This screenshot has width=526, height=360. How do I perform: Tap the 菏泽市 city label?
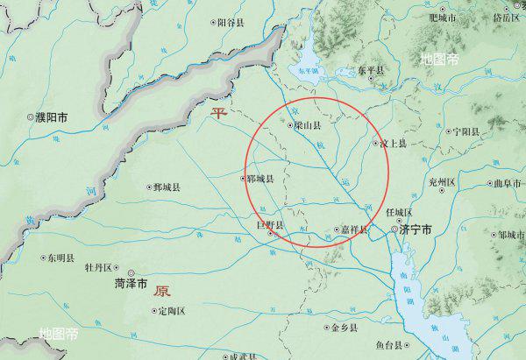pos(131,284)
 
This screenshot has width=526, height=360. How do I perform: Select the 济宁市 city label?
pos(415,230)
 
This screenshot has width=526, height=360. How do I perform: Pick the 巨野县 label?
pos(270,225)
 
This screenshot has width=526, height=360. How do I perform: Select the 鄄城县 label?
pos(166,187)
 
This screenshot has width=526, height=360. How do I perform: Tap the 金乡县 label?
pos(340,328)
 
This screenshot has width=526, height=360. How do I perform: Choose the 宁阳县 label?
pos(466,131)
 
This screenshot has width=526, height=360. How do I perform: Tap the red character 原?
pos(161,291)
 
